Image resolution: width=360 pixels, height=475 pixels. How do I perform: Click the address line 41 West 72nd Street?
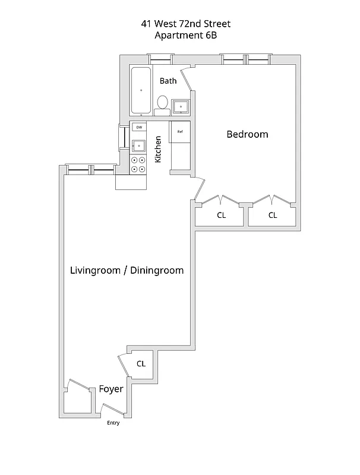coord(186,24)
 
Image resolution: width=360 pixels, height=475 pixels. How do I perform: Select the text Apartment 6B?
coord(186,35)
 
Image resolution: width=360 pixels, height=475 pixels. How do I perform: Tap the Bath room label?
coord(168,81)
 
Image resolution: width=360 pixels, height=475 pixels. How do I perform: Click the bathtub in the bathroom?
coord(141,90)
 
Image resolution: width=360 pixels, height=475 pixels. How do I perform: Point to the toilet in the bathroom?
coord(162,104)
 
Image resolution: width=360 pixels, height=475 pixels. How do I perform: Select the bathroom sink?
coord(181,107)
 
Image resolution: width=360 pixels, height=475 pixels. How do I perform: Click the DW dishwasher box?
coord(139,127)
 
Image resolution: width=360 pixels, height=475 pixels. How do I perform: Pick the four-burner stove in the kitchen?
coord(138,164)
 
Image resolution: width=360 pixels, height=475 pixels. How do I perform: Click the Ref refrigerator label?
coord(180,131)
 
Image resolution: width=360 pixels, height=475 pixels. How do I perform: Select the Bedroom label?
coord(247,134)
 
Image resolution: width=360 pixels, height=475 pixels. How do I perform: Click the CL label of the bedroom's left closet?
coord(221,216)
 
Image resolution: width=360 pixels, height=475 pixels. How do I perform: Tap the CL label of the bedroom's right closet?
coord(272,216)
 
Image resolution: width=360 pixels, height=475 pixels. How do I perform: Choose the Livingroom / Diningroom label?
coord(127,270)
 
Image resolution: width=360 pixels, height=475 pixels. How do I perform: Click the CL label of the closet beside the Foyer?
coord(141,363)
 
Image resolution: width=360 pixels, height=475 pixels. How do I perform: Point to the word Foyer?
coord(111,389)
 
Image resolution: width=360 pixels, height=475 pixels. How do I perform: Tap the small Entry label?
coord(113,423)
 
